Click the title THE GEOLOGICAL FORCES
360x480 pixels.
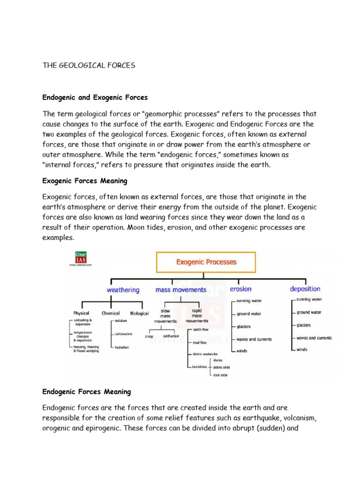click(89, 66)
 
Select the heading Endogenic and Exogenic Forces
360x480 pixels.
click(95, 97)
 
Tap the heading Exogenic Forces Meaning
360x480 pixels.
click(84, 180)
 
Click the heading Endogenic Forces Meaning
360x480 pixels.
click(87, 391)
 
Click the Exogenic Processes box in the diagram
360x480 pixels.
click(206, 262)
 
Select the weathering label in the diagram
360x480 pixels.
click(123, 290)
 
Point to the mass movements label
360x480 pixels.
click(181, 290)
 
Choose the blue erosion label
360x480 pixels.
click(240, 289)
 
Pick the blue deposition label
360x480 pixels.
click(305, 289)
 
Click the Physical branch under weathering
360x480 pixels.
click(81, 313)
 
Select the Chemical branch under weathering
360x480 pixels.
click(111, 313)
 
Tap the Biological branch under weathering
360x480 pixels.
click(139, 313)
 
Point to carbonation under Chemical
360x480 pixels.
click(123, 334)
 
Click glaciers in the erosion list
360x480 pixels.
click(244, 326)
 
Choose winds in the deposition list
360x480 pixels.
click(302, 349)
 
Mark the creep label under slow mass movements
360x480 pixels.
click(149, 336)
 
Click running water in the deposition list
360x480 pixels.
click(309, 299)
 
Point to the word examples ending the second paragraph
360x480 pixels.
click(58, 238)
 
